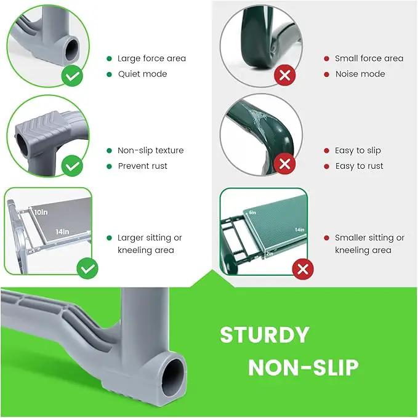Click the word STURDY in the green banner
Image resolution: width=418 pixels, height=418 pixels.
tap(265, 335)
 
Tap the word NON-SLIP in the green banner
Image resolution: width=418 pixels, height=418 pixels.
tap(303, 368)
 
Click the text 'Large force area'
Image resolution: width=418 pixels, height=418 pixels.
tap(151, 58)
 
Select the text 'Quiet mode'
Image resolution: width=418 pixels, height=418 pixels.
tap(143, 74)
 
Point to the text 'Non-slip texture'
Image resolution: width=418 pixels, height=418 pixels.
tap(151, 150)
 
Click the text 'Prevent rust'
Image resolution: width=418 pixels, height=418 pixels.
tap(143, 166)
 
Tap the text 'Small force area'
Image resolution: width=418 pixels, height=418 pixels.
tap(369, 58)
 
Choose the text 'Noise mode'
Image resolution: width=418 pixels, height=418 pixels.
tap(360, 74)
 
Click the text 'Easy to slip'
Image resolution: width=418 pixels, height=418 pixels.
tap(358, 151)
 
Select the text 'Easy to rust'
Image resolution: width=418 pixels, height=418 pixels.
tap(359, 166)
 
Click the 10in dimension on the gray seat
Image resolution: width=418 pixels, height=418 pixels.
tap(41, 212)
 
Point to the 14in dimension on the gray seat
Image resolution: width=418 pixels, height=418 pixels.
tap(62, 231)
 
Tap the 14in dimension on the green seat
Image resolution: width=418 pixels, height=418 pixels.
tap(300, 230)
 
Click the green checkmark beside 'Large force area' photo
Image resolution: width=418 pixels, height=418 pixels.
tap(72, 76)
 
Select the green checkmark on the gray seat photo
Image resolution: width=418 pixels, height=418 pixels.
tap(87, 268)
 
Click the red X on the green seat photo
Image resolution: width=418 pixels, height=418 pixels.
tap(303, 269)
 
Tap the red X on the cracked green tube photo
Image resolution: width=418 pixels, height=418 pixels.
tap(285, 164)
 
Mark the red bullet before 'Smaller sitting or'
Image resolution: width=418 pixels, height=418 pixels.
tap(326, 238)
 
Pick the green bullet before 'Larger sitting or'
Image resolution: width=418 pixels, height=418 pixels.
tap(109, 238)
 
